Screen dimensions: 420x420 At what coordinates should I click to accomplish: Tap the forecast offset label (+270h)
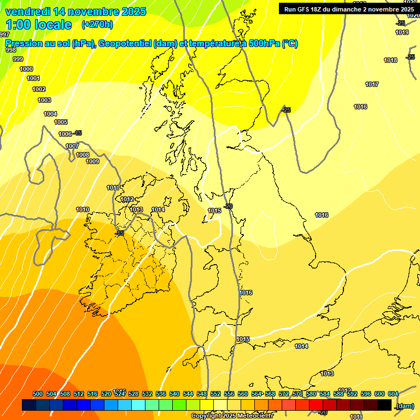point(97,24)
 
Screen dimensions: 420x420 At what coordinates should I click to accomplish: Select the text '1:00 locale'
point(38,24)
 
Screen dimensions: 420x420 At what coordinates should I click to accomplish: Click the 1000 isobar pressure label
point(26,69)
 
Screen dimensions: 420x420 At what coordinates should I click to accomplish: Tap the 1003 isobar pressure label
point(44,100)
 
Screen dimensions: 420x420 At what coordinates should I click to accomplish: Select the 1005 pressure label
point(61,122)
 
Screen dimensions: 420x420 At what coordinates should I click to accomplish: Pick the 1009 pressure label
point(92,161)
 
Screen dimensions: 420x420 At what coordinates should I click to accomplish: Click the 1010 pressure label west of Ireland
point(83,209)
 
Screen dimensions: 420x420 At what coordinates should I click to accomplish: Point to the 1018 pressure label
point(390,60)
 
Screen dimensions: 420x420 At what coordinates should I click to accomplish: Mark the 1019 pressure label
point(402,32)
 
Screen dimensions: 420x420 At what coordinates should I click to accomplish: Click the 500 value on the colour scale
point(38,394)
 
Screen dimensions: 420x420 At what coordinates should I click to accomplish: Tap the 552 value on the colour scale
point(215,394)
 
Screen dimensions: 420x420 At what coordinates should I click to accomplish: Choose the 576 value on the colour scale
point(297,394)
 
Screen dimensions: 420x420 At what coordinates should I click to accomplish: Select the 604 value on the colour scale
point(393,394)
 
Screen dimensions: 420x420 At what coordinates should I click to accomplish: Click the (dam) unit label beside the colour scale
point(405,405)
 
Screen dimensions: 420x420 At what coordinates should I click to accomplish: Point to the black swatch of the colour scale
point(384,405)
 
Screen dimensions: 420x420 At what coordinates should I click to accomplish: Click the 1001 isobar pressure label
point(33,78)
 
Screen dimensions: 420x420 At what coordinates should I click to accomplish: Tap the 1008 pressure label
point(83,155)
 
